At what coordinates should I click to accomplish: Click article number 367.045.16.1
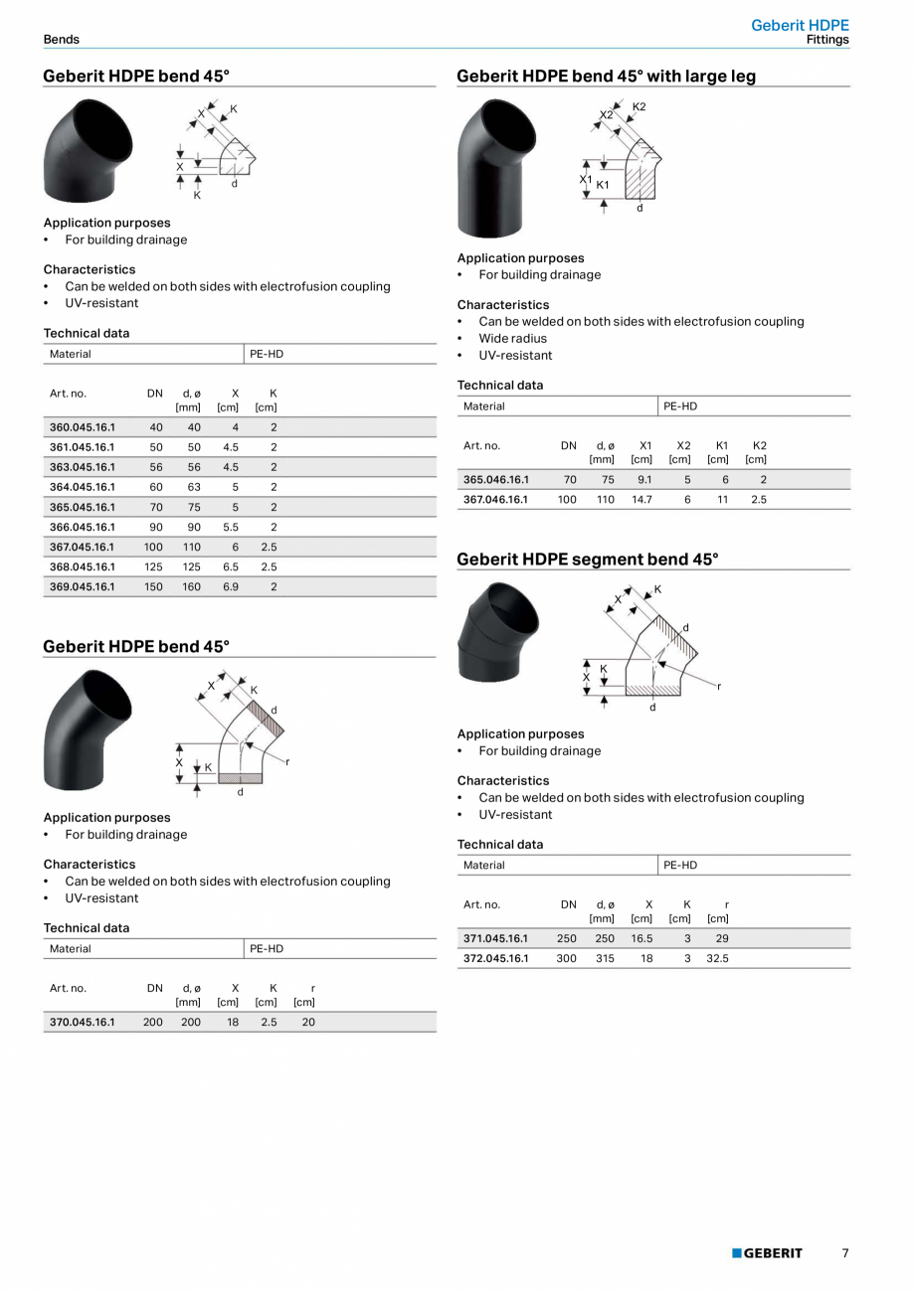pos(82,547)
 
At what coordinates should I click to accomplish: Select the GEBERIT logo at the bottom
pos(767,1253)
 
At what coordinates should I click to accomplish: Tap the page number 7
pos(845,1253)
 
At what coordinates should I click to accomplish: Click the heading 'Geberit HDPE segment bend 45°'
pos(587,560)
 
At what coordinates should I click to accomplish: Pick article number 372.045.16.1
pos(495,959)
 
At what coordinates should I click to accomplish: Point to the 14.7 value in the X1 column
pos(641,500)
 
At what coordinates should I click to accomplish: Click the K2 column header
pos(759,446)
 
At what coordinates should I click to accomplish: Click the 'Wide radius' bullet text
pos(512,339)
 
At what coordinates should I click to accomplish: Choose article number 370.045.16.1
pos(82,1022)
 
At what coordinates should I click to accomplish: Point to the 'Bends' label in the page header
pos(61,40)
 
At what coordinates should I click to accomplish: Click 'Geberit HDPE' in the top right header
pos(800,26)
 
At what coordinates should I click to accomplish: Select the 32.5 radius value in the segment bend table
pos(717,959)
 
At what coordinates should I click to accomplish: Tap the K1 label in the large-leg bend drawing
pos(603,185)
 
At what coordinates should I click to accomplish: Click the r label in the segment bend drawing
pos(719,686)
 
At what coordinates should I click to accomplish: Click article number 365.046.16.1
pos(495,480)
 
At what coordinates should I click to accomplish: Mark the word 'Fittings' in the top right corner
pos(827,41)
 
